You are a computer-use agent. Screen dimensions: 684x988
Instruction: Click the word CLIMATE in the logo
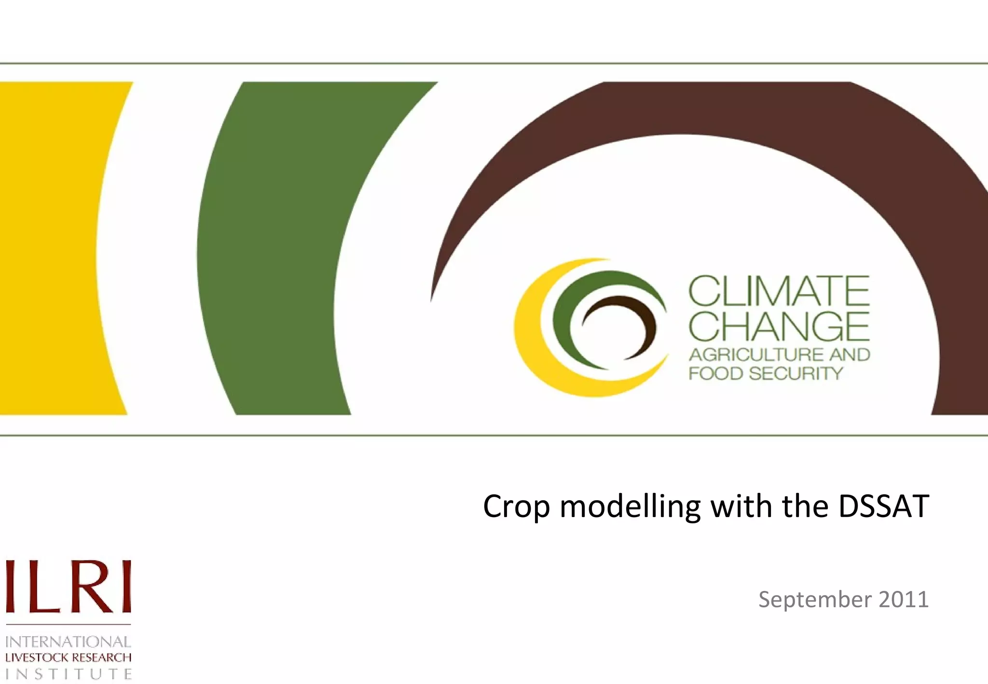(779, 291)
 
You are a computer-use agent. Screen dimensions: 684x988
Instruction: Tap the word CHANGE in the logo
(779, 327)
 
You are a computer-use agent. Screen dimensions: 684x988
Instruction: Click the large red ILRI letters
(68, 587)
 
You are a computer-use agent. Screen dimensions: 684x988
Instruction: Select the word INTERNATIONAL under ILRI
(68, 642)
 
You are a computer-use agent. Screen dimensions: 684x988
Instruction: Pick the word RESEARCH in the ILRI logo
(102, 657)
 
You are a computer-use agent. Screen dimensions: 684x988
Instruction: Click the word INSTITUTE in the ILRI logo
(68, 673)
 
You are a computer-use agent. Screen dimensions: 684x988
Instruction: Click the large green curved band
(270, 251)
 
